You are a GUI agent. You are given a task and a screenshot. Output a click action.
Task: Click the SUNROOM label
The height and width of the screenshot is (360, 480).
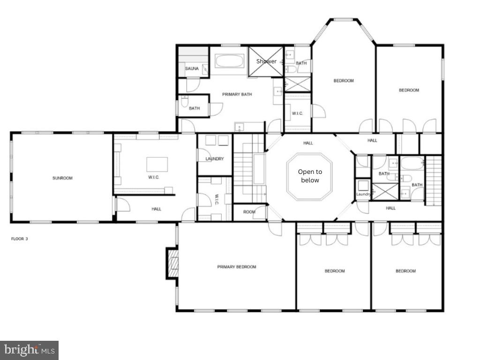click(62, 178)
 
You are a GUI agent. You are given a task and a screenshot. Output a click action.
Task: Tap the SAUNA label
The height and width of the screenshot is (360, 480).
click(192, 69)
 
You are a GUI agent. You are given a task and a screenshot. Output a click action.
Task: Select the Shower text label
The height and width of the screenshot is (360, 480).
click(266, 61)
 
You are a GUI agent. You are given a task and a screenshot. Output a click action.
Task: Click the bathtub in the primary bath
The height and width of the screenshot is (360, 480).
click(229, 61)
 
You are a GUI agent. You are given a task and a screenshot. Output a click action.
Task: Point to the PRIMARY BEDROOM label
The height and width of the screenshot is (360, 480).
click(237, 267)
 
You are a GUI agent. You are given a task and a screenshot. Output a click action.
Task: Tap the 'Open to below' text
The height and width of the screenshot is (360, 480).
click(309, 176)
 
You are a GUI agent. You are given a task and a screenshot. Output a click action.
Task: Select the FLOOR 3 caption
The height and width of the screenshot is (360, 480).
click(20, 239)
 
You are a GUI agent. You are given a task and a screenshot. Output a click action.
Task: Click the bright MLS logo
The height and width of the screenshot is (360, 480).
click(29, 350)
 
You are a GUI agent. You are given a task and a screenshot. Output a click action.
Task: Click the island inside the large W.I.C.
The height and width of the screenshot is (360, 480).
click(157, 164)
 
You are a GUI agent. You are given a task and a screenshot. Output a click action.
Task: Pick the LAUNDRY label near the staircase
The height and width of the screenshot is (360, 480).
click(215, 159)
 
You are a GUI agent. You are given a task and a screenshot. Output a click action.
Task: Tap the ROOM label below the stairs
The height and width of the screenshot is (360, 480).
click(249, 212)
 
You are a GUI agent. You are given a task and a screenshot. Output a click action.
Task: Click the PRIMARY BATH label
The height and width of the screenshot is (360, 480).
click(237, 94)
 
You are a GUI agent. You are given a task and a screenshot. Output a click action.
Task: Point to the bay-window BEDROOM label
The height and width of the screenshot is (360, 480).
click(344, 81)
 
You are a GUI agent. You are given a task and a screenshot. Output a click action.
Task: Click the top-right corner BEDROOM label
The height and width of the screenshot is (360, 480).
click(409, 90)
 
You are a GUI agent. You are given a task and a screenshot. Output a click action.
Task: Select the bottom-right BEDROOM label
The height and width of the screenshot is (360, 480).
click(405, 271)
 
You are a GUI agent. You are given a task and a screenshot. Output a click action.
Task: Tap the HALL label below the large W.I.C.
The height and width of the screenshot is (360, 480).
click(157, 209)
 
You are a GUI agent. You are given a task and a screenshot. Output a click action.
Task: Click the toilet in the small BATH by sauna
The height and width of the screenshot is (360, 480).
click(184, 102)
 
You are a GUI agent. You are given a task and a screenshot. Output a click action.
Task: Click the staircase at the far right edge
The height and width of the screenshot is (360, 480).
click(435, 180)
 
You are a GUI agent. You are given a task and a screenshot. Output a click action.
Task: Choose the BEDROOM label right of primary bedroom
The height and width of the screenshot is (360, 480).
click(335, 271)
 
